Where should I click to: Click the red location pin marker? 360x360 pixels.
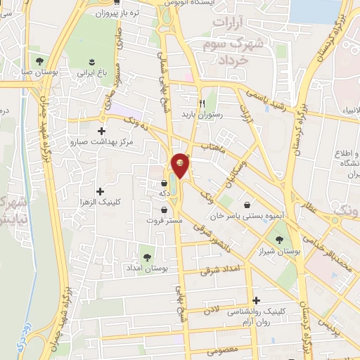(181, 165)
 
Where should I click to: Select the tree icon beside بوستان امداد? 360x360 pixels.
(148, 257)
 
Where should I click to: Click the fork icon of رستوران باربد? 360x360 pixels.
(202, 101)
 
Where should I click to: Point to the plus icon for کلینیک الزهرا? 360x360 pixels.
(99, 191)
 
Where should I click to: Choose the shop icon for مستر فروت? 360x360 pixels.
(164, 209)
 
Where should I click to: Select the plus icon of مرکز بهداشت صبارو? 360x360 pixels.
(102, 131)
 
